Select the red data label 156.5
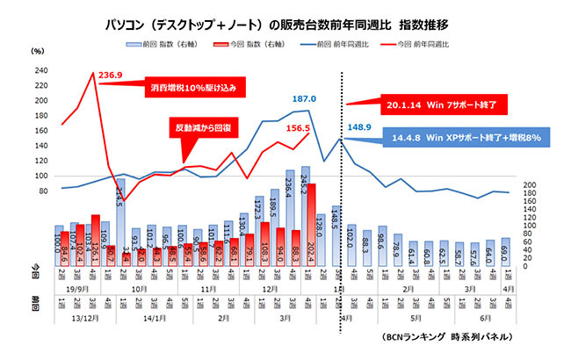click(x=294, y=128)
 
